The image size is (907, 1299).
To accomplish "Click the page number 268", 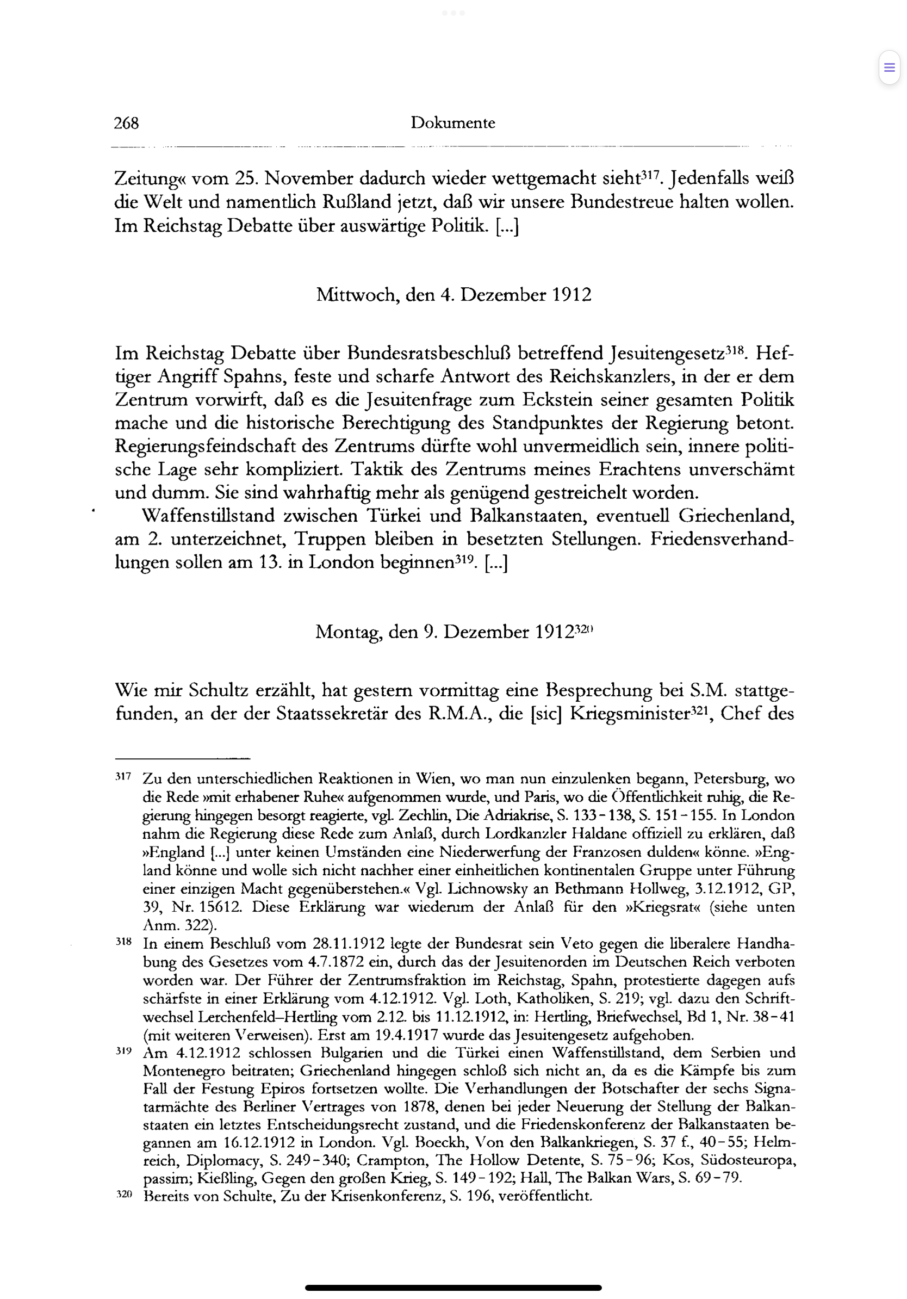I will point(126,123).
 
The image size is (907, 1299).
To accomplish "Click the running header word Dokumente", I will point(452,123).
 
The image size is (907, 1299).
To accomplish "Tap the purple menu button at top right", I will point(889,68).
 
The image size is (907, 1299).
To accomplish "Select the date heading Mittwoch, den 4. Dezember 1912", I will point(453,295).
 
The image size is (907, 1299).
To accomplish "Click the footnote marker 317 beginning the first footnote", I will point(123,777).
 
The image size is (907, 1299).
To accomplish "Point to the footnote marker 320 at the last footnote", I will point(123,1195).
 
